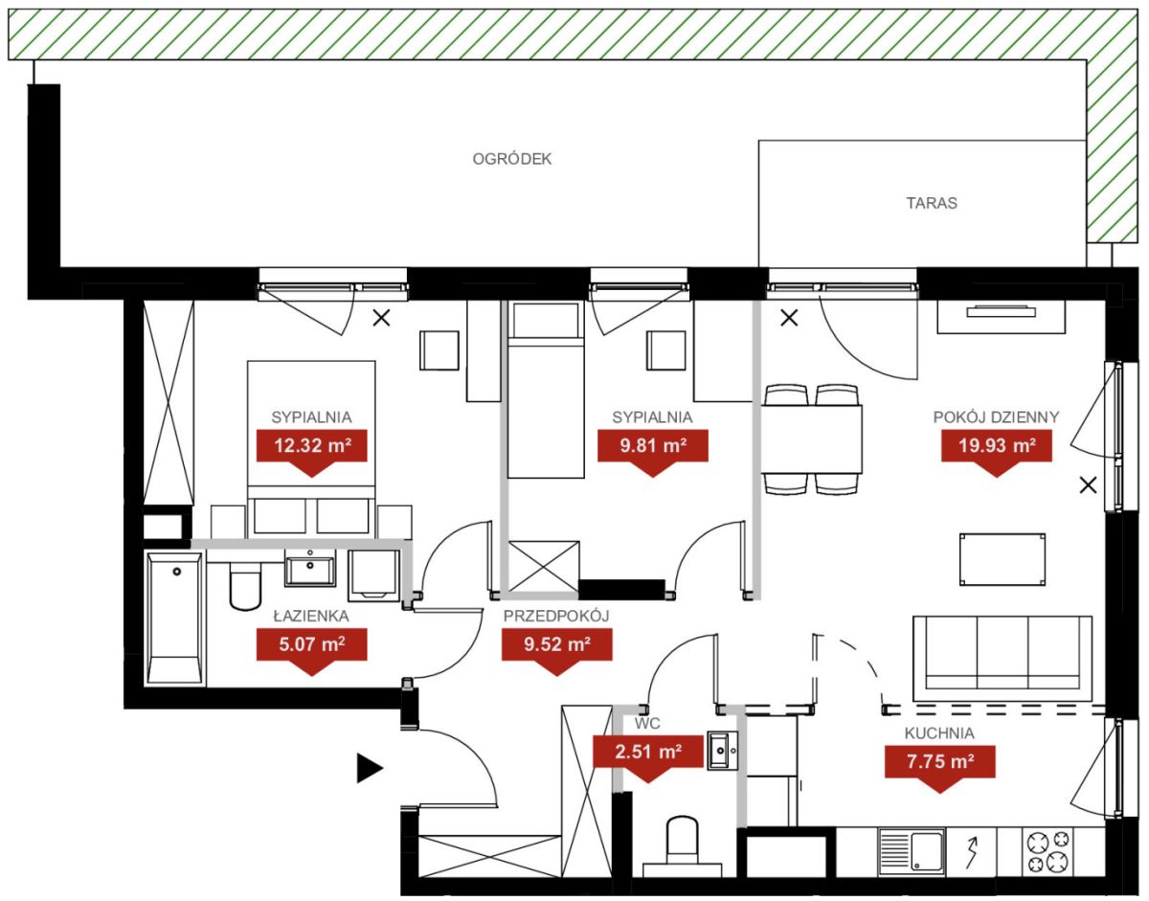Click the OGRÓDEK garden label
[x=511, y=159]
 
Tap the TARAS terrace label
[x=932, y=203]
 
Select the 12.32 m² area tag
[x=311, y=451]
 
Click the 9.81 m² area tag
[x=652, y=451]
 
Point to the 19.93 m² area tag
[x=996, y=451]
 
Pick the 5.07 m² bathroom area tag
[x=311, y=650]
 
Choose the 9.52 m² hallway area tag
[x=557, y=650]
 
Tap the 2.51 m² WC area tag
[x=647, y=757]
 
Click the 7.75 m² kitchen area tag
[x=939, y=767]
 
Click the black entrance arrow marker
[x=369, y=768]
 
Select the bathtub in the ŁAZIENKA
[x=175, y=619]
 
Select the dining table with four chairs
[x=811, y=439]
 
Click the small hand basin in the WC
[x=722, y=751]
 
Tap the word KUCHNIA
[x=939, y=732]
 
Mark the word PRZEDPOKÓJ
[x=556, y=616]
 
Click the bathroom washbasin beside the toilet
[x=310, y=568]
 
